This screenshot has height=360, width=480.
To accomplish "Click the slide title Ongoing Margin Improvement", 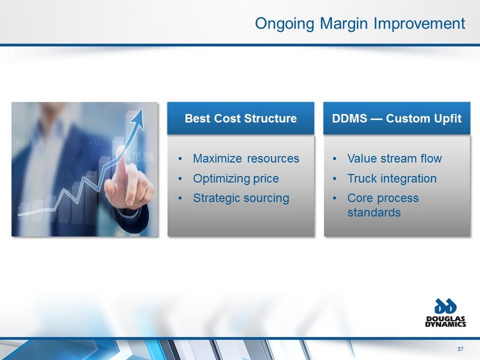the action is coord(360,24).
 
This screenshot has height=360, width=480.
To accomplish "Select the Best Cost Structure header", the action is coord(241,118).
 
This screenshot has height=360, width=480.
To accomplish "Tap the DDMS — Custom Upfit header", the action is coord(397,118).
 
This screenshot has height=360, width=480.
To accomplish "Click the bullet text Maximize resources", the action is coord(246,159).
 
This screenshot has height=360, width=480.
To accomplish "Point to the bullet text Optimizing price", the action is coord(235,179).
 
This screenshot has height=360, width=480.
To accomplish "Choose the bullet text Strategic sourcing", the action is coord(241,198).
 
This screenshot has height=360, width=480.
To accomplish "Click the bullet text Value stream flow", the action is coord(395,159).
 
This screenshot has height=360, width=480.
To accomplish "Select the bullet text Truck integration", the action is coord(392,179).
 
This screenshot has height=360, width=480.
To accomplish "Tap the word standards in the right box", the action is coord(374,212).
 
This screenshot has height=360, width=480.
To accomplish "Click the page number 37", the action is coord(460,349).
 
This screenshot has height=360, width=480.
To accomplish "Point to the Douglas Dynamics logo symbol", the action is coord(446,306).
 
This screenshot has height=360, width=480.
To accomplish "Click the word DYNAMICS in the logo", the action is coord(446,324).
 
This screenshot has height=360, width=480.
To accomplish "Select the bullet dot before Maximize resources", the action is coord(180,159).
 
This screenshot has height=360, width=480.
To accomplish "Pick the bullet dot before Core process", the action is coord(335,198).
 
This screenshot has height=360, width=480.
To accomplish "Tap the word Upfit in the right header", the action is coord(449,118).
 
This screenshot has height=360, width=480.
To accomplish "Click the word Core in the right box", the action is coord(360,198).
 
